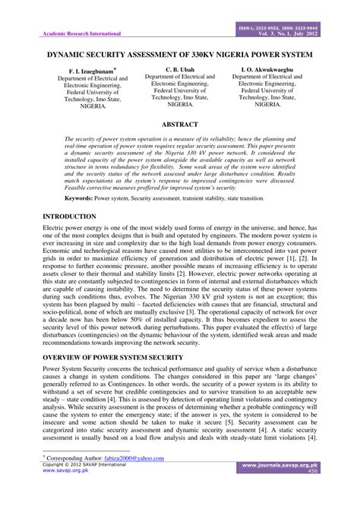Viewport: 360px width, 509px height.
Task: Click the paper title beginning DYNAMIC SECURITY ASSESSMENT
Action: (180, 55)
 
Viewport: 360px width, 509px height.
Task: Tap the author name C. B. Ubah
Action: (179, 69)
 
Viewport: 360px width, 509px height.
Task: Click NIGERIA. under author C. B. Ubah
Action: (179, 106)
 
